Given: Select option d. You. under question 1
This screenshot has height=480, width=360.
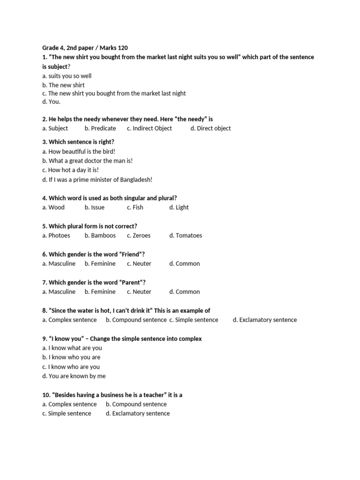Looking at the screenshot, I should [x=51, y=102].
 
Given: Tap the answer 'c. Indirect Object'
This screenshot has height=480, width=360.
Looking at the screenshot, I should [x=149, y=128].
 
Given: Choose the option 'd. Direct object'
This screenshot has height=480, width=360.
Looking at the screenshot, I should [x=210, y=128].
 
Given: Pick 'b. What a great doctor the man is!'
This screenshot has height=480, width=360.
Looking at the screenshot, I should [x=87, y=160].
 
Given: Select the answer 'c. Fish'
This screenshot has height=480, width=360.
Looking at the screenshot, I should [x=135, y=207].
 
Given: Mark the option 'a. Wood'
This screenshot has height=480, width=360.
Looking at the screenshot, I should [x=53, y=207].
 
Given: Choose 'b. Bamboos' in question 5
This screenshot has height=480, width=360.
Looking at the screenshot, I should [x=100, y=235].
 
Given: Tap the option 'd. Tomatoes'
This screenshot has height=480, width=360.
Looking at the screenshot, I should [x=186, y=235].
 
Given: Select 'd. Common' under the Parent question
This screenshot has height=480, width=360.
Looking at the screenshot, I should [x=184, y=292].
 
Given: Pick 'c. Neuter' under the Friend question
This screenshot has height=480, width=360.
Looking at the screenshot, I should [x=139, y=263].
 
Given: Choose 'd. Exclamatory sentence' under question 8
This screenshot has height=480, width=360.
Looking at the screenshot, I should [x=264, y=320].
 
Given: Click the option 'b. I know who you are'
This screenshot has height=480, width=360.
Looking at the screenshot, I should [x=71, y=357].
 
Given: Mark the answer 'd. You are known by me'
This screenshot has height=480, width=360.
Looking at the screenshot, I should [x=74, y=376].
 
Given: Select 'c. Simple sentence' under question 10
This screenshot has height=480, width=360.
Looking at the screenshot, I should [x=67, y=413].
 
